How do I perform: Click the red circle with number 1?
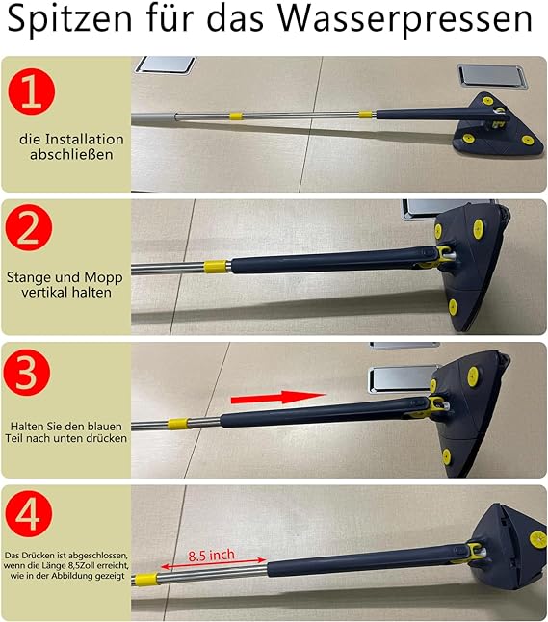32,91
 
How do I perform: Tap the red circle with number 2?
29,227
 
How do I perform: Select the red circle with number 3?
27,373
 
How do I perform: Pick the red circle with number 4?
29,513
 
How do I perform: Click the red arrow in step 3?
278,397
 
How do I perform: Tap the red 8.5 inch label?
211,555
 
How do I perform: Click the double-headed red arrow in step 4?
214,563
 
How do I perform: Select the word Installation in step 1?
84,140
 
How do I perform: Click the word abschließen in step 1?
71,154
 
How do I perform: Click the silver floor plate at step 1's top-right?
493,77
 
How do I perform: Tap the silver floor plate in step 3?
402,379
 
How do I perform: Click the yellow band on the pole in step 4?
145,580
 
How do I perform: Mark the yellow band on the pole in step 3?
178,424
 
